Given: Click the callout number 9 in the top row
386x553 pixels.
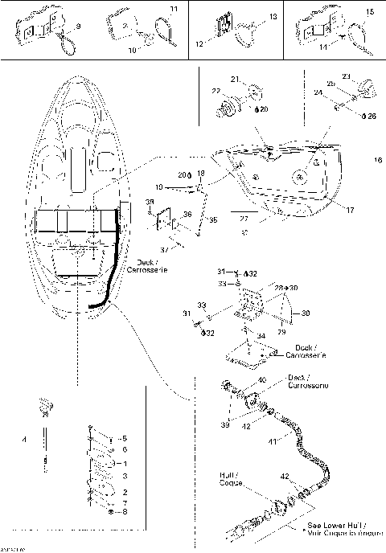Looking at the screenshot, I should tap(78, 27).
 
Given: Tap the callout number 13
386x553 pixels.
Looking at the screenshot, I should tap(272, 16).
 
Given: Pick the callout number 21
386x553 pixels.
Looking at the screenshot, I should tap(235, 79).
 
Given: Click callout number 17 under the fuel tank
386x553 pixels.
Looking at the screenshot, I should tap(327, 211).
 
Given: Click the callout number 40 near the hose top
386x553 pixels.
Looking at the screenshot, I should tap(261, 380).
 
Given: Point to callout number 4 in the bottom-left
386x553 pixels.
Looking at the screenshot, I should tap(25, 440).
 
